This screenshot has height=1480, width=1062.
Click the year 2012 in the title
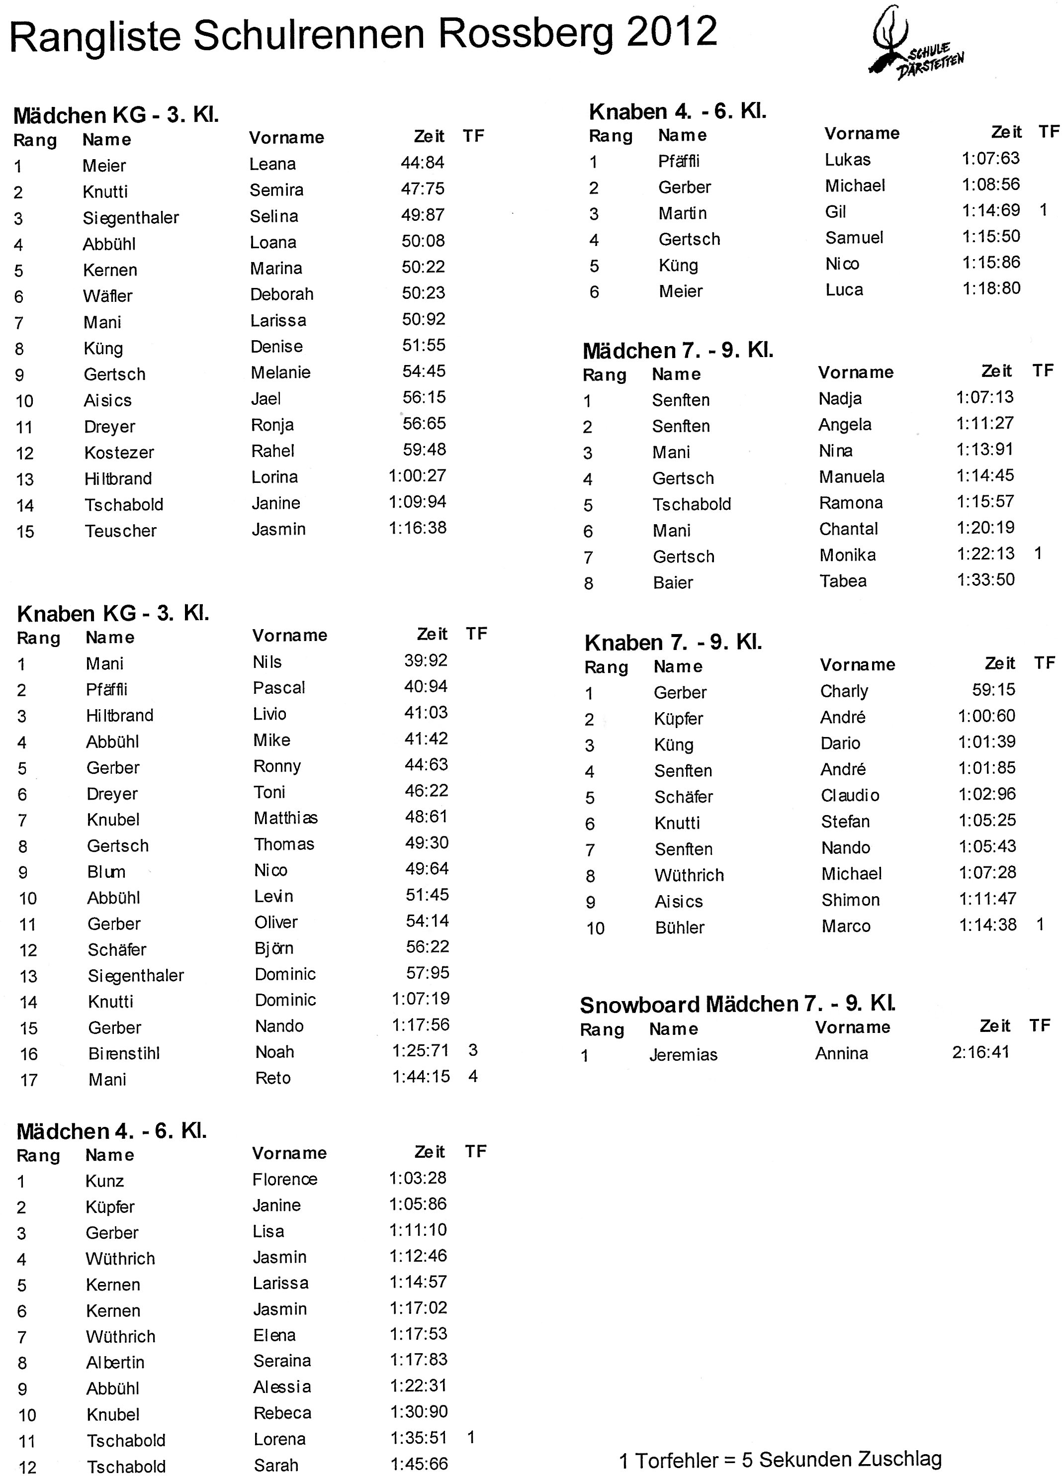[x=672, y=33]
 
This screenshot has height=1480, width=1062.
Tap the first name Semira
[x=276, y=190]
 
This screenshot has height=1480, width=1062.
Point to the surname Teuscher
[x=121, y=531]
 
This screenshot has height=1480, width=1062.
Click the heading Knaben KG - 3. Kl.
[x=113, y=613]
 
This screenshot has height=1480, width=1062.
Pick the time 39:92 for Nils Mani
[x=425, y=660]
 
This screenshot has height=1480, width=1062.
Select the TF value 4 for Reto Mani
[x=473, y=1076]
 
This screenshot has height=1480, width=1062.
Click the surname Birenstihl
[x=124, y=1053]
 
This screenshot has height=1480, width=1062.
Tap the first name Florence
[x=284, y=1179]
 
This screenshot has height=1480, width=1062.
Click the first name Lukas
[x=847, y=160]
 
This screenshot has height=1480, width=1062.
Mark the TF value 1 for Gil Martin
[x=1043, y=210]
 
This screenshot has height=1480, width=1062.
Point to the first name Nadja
[x=840, y=398]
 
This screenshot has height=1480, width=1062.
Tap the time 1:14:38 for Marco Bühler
[x=987, y=925]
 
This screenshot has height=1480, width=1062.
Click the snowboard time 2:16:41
[x=980, y=1052]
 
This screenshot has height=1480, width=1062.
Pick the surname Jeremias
[x=683, y=1054]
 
